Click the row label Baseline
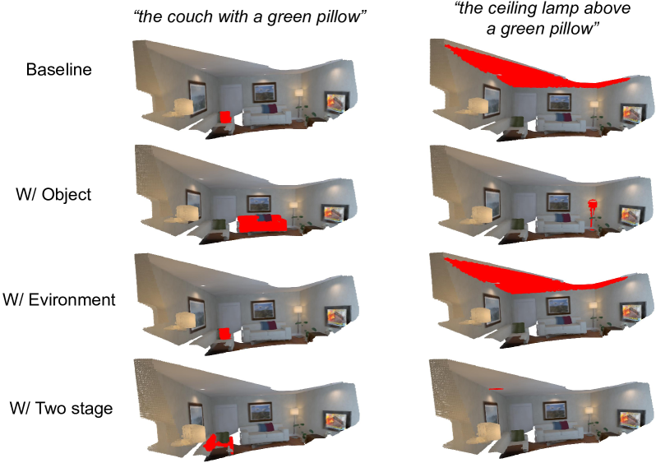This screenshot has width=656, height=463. (58, 70)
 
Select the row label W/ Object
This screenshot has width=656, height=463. (53, 195)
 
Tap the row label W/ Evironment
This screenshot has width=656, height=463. (59, 299)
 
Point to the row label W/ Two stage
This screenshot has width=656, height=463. (61, 408)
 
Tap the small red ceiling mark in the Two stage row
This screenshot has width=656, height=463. (496, 389)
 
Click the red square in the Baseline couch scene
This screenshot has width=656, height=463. (225, 117)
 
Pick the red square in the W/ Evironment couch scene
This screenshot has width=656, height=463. (224, 334)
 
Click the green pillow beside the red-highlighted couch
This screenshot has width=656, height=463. (218, 224)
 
